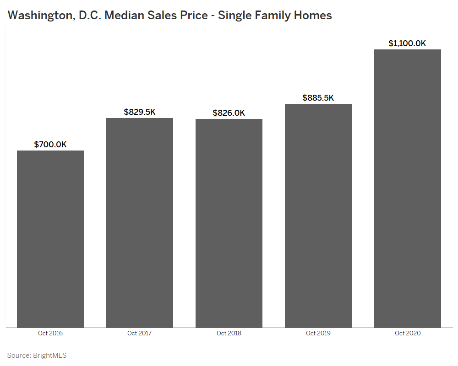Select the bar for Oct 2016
pos(50,239)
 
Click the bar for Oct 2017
pos(140,223)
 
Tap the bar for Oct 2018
pos(229,223)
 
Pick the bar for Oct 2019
pos(318,215)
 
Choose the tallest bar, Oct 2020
pos(408,188)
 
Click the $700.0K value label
pos(50,145)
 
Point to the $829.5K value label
pos(140,112)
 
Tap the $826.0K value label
pos(229,113)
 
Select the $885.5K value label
pos(318,98)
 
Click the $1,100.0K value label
pos(408,43)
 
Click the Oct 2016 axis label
pos(50,333)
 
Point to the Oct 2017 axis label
pos(140,333)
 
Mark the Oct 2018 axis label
pos(229,333)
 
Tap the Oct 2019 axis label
pos(318,333)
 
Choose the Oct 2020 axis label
pos(408,333)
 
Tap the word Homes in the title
pos(315,15)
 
